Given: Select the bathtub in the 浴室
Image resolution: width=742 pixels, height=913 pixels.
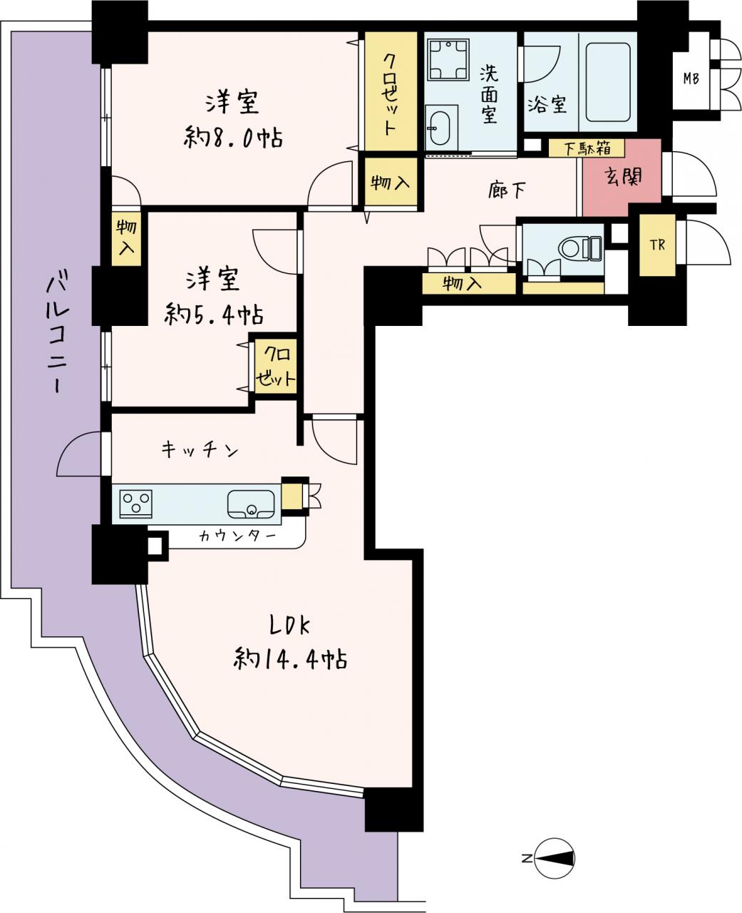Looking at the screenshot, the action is click(x=607, y=81).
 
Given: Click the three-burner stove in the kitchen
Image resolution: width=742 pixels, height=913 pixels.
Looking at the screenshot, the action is click(x=136, y=503).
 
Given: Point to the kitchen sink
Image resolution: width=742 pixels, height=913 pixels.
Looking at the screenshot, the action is click(x=251, y=504).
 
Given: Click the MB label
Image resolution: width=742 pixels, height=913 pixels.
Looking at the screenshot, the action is click(x=691, y=78).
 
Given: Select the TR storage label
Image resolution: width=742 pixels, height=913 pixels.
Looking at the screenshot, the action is click(x=658, y=245).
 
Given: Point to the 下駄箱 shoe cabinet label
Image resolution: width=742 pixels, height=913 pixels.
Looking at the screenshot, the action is click(x=587, y=148).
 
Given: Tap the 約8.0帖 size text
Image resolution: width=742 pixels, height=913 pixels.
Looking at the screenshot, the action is click(x=234, y=138).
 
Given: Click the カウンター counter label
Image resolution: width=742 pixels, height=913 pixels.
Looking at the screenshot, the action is click(x=237, y=536).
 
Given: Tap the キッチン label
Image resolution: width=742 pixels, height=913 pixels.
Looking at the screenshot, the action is click(x=200, y=450).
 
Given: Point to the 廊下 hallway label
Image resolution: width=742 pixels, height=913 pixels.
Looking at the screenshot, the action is click(x=507, y=190).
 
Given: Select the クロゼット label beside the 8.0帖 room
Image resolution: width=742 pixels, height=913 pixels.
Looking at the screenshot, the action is click(x=389, y=94).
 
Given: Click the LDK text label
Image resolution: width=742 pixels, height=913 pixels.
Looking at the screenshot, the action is click(x=289, y=626).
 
